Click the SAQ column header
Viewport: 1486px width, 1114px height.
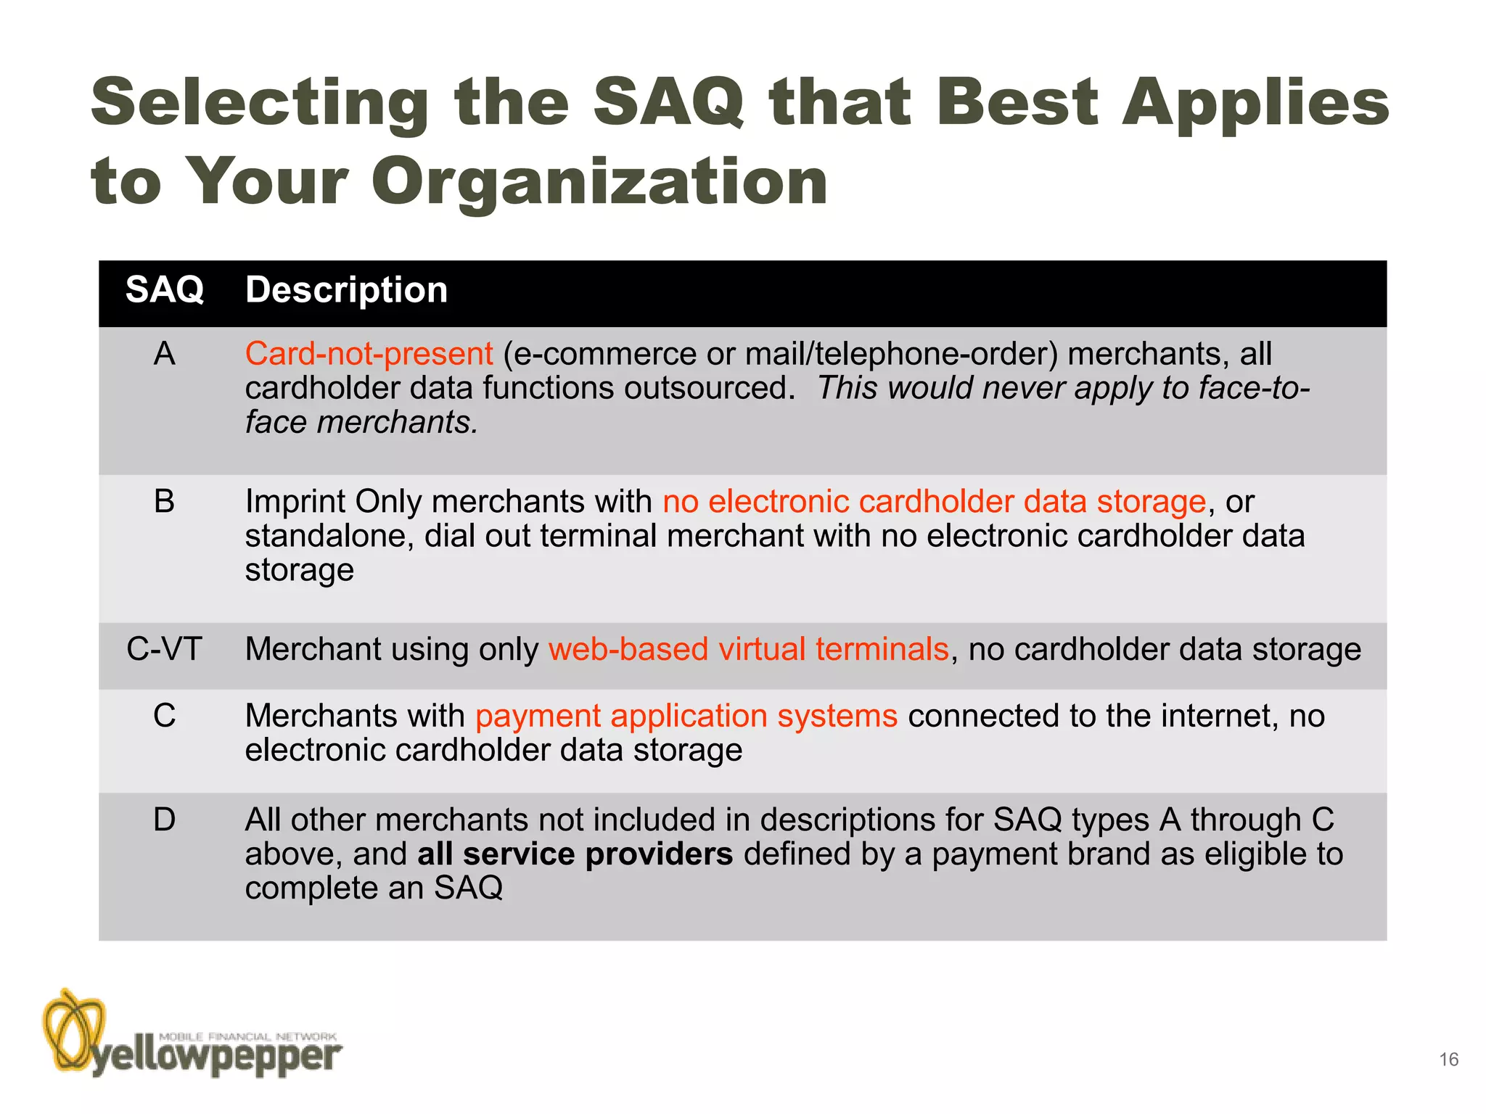click(x=165, y=290)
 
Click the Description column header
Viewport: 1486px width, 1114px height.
click(x=346, y=290)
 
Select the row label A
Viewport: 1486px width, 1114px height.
click(x=165, y=354)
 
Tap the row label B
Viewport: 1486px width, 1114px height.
click(x=165, y=502)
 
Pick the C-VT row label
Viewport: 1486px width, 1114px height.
click(x=164, y=649)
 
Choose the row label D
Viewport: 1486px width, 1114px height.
click(x=165, y=820)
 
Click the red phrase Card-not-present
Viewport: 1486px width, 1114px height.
click(x=369, y=354)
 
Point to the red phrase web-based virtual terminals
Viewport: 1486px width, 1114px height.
click(x=748, y=649)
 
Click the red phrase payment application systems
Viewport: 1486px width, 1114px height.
click(x=686, y=717)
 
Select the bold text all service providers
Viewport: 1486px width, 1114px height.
click(x=575, y=854)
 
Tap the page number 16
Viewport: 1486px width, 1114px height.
click(x=1448, y=1060)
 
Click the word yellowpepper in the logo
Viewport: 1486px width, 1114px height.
click(x=215, y=1058)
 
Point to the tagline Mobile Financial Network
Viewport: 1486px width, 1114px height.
click(x=247, y=1036)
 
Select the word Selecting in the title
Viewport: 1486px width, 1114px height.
click(x=260, y=103)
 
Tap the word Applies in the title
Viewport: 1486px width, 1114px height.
click(x=1255, y=103)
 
